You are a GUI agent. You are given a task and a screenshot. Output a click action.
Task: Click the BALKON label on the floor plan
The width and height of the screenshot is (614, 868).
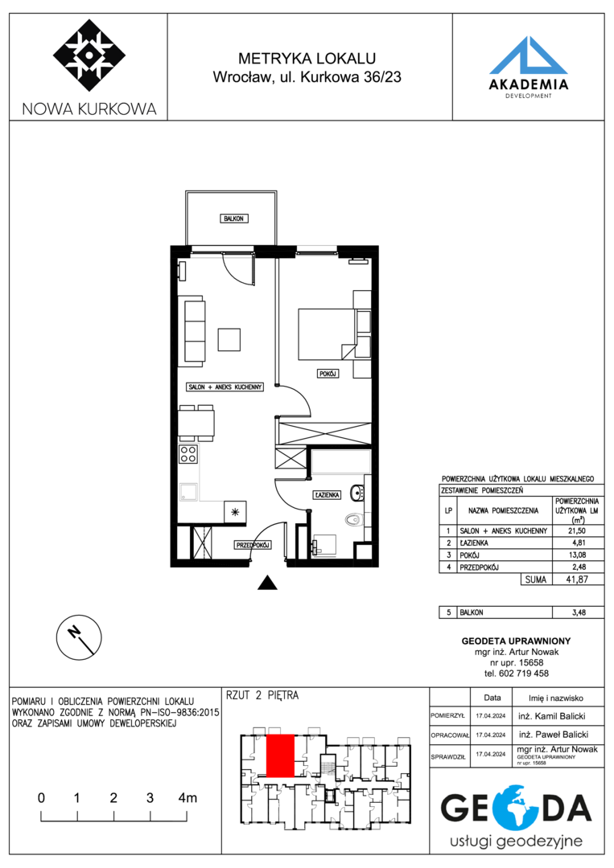click(x=233, y=219)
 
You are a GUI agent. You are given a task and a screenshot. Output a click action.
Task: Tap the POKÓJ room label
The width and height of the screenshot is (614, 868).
click(x=328, y=374)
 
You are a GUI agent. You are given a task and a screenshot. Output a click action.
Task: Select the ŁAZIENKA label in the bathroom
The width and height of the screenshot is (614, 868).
click(x=327, y=494)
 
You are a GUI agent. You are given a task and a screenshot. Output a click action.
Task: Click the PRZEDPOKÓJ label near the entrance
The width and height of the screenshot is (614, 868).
click(x=253, y=545)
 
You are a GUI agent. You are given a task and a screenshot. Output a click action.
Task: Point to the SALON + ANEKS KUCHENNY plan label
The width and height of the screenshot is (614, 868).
click(x=225, y=387)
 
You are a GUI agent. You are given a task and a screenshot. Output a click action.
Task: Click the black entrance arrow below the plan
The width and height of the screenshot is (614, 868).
click(x=268, y=583)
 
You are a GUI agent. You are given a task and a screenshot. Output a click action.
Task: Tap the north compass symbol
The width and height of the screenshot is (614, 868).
click(x=79, y=637)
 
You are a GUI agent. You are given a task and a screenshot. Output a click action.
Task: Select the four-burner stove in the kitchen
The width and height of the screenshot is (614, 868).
click(x=188, y=454)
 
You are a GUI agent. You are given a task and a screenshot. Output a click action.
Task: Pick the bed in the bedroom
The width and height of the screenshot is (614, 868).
click(x=327, y=334)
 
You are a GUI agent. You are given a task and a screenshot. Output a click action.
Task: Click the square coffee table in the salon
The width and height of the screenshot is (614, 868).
click(x=229, y=339)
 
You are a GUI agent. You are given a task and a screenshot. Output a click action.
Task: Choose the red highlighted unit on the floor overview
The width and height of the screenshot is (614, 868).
click(x=280, y=755)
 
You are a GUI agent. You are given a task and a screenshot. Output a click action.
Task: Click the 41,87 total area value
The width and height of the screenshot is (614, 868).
click(x=576, y=579)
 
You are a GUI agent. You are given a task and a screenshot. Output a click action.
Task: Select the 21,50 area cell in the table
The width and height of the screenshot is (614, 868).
click(x=577, y=530)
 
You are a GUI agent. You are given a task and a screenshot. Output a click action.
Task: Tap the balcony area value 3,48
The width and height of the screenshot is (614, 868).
click(x=579, y=612)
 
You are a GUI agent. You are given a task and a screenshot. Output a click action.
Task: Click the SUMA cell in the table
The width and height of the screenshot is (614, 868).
click(x=535, y=579)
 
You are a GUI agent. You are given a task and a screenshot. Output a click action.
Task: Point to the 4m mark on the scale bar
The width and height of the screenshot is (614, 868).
click(x=187, y=798)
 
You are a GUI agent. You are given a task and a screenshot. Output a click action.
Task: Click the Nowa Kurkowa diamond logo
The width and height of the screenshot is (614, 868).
click(x=89, y=55)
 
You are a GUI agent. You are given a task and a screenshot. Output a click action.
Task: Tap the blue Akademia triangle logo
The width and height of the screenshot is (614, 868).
click(x=528, y=55)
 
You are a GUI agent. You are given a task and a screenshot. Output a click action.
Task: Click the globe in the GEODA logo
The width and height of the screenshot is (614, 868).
click(x=513, y=809)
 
